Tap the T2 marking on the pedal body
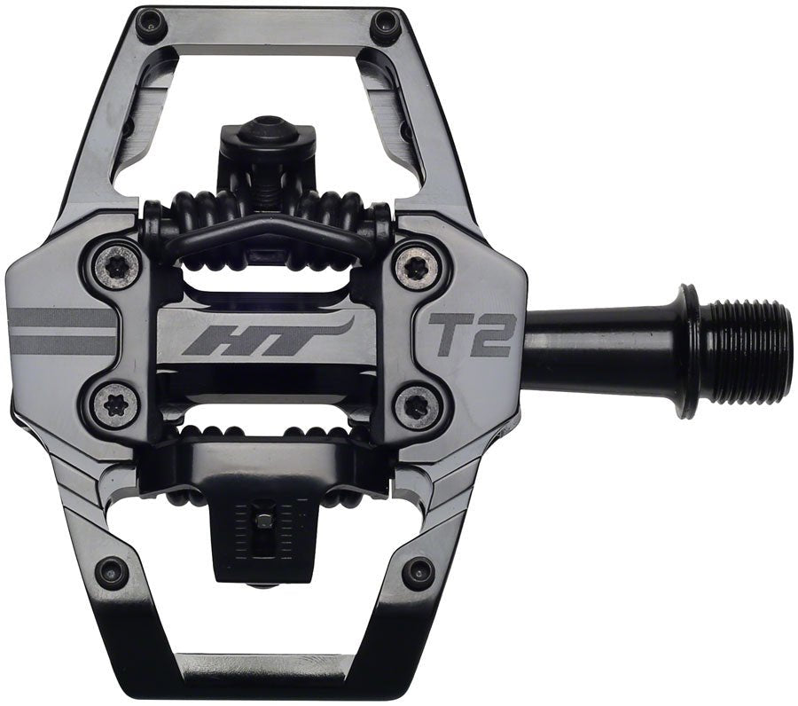coord(472,334)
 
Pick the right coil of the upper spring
coord(332,213)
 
